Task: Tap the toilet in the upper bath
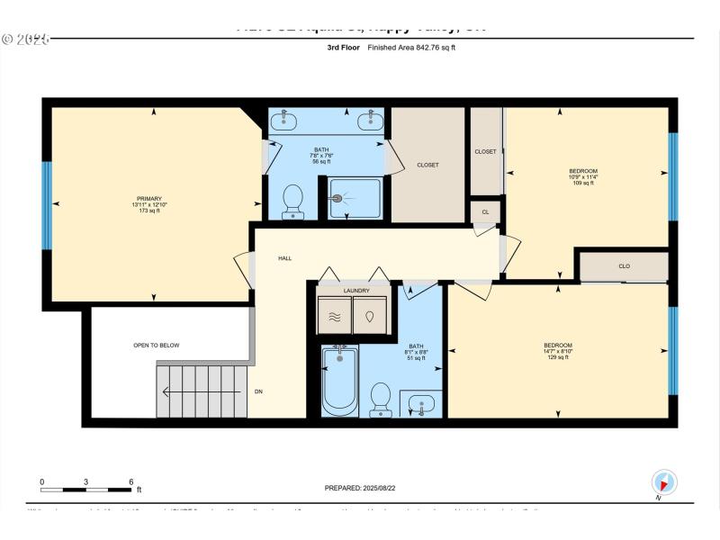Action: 293,202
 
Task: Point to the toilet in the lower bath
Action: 381,400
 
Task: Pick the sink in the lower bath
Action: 421,403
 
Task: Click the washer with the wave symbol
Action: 334,316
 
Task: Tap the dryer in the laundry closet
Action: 370,316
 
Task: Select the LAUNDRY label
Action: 356,291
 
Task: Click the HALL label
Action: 284,258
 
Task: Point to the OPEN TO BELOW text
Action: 157,345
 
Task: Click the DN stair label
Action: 258,391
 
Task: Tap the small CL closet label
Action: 485,212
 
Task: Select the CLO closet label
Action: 624,266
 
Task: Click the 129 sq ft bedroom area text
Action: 558,357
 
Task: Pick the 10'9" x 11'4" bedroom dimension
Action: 583,177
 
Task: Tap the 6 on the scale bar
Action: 131,481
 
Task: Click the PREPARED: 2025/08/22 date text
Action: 360,488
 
